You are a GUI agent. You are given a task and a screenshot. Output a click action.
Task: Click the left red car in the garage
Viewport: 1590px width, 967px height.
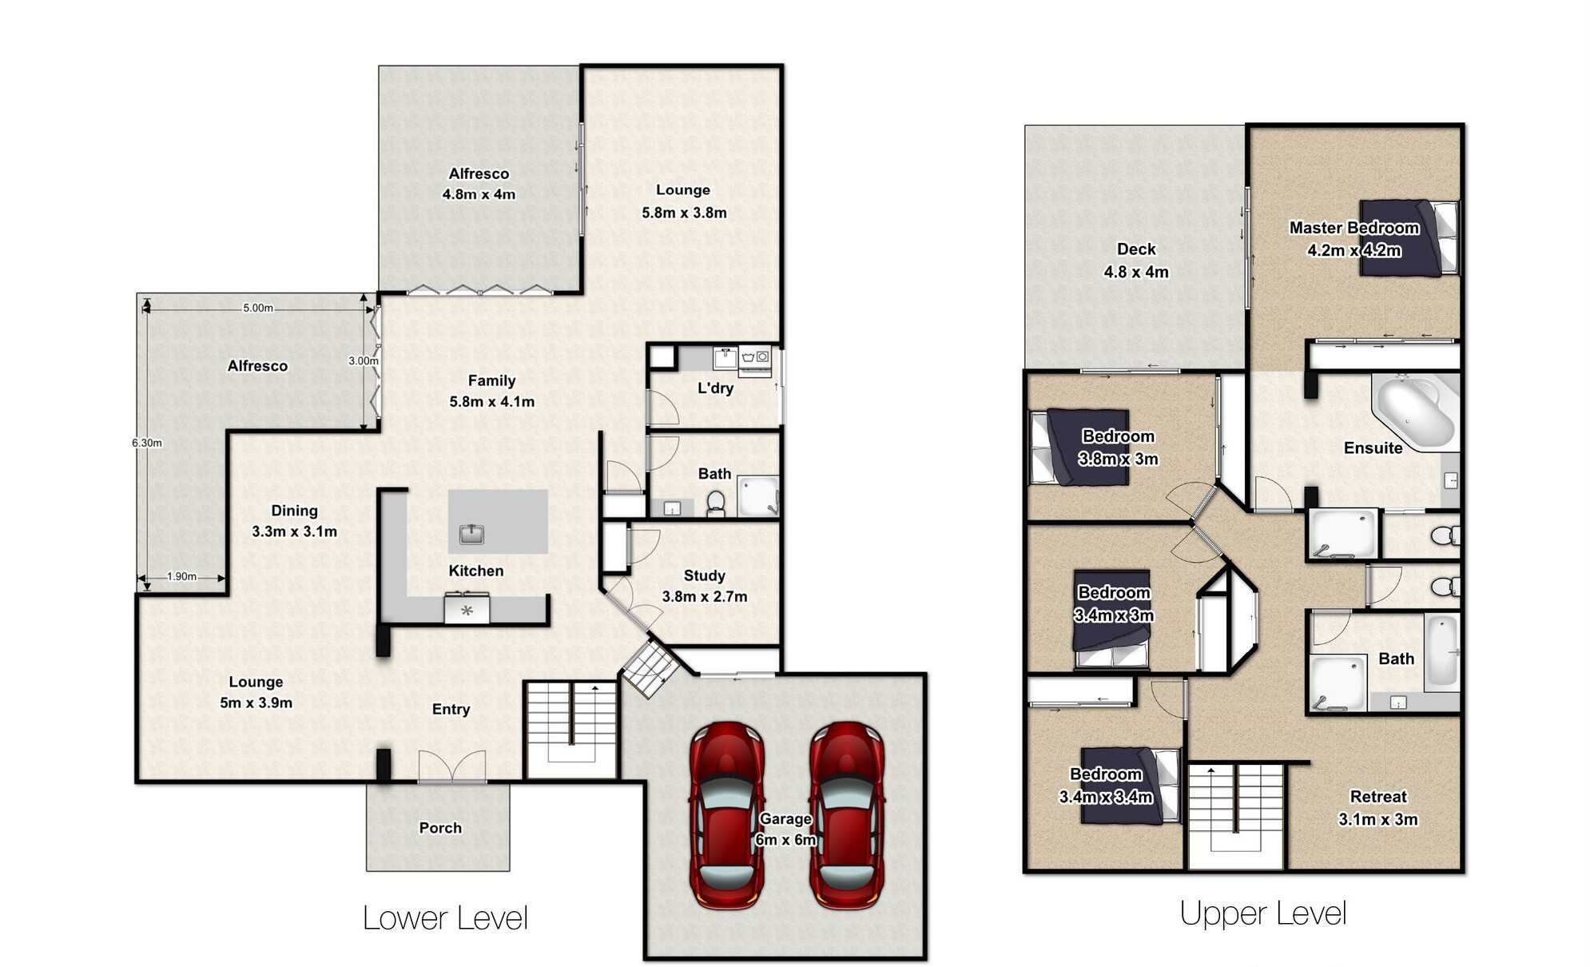[726, 815]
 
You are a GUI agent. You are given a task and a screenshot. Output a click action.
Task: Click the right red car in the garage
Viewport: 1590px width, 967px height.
[846, 815]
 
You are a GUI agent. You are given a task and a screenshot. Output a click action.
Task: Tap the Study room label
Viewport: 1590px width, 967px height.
[704, 575]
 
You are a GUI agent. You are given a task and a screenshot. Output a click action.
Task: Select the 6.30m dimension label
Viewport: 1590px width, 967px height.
[147, 443]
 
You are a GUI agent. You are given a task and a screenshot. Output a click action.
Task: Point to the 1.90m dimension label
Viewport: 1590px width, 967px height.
[181, 576]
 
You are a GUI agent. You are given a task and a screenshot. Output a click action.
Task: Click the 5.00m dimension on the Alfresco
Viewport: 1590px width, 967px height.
[258, 308]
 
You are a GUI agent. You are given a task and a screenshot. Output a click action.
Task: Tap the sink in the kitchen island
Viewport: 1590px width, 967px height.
[471, 534]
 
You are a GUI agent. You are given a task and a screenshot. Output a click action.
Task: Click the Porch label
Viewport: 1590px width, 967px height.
[440, 828]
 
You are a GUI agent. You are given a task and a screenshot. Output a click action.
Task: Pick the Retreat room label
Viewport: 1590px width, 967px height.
[1378, 796]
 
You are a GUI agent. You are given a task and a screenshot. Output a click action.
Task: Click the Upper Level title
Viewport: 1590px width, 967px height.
[1263, 913]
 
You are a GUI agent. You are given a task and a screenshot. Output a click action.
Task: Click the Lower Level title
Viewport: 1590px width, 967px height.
[445, 918]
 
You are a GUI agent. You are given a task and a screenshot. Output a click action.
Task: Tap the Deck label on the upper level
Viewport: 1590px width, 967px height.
[1136, 249]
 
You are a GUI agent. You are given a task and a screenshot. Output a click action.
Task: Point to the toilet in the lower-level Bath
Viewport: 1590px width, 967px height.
[716, 503]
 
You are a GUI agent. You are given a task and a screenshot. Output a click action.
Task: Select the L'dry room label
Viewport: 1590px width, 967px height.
[715, 388]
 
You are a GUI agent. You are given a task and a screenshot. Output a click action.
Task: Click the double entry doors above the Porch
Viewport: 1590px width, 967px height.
[452, 766]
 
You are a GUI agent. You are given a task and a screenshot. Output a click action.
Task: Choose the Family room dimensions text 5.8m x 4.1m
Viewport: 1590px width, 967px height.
[492, 401]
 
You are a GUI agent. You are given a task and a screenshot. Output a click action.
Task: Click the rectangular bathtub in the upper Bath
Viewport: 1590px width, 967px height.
[1442, 652]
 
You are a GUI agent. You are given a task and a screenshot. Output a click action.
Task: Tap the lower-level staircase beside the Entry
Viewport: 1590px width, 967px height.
[570, 730]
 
